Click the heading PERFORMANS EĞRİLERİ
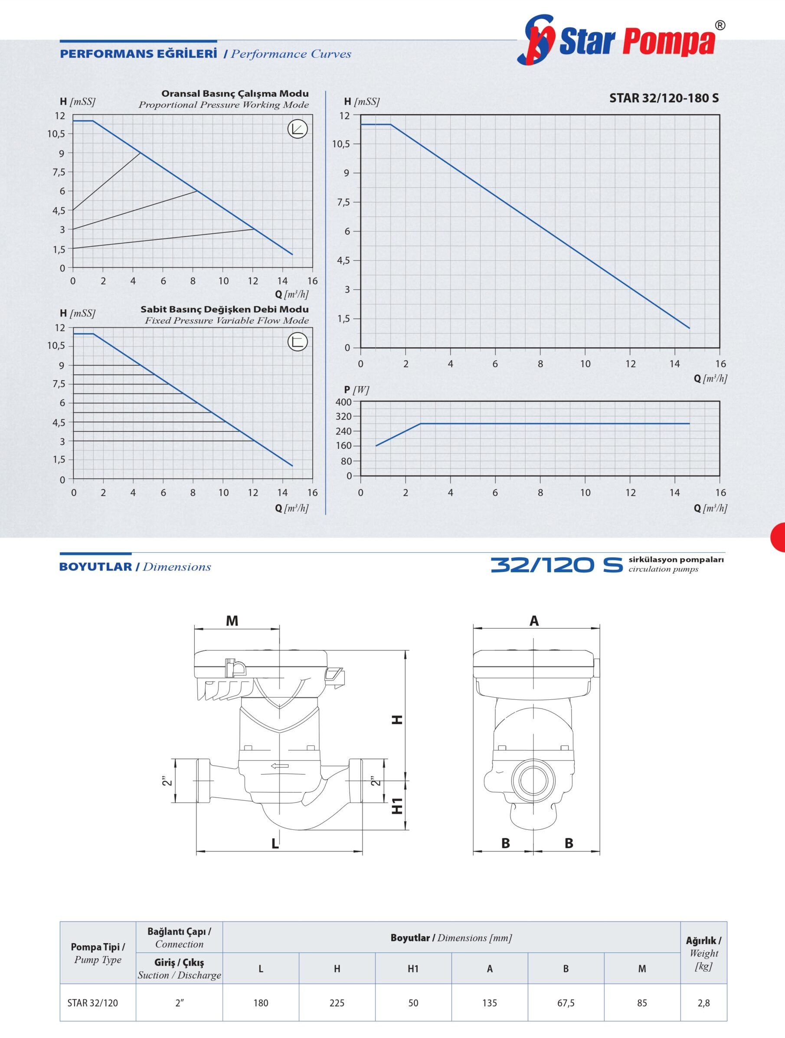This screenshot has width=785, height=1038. (138, 53)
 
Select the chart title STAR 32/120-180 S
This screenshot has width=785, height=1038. (664, 98)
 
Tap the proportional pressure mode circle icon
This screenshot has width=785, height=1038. (297, 129)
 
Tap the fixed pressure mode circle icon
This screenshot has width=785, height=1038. (297, 342)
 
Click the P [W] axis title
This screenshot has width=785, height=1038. (357, 389)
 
